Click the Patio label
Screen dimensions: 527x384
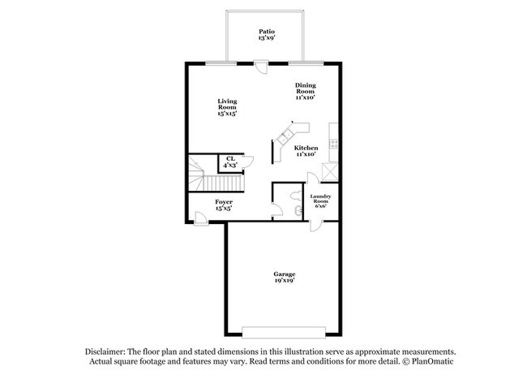267,35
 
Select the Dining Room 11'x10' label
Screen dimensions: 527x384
305,91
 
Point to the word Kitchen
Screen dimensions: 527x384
306,148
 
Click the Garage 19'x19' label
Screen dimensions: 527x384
285,277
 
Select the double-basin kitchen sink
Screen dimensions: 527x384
285,136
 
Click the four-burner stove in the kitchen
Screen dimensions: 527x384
334,144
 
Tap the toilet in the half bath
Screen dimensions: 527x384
295,195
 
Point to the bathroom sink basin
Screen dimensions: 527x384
298,211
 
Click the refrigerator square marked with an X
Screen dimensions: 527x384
330,172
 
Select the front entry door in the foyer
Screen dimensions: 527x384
201,218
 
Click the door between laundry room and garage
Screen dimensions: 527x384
315,226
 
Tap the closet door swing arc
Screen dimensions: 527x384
250,163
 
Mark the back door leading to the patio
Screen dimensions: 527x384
261,67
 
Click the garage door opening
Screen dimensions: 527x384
284,332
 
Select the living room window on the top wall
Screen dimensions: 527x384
221,63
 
